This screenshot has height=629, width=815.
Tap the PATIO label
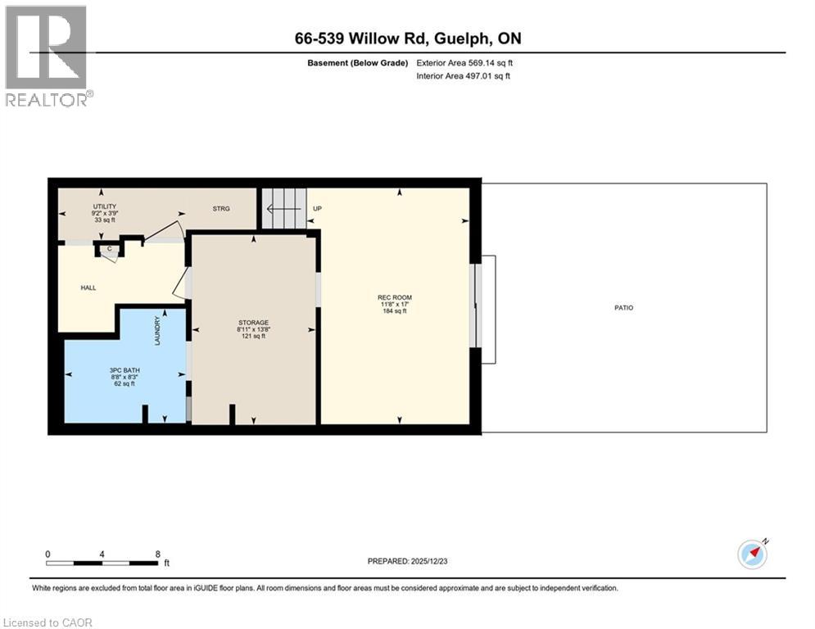pos(625,308)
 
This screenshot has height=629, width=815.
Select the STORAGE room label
pos(253,322)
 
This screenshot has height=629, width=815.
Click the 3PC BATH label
pos(125,370)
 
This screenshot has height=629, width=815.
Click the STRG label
pos(221,209)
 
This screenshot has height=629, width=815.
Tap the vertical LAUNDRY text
pos(157,331)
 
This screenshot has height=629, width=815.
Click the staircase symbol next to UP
pos(283,209)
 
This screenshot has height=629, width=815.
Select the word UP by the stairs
pos(318,209)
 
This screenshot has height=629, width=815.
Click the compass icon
pos(752,554)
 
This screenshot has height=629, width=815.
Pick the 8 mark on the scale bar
pos(157,554)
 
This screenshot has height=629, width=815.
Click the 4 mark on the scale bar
pos(102,554)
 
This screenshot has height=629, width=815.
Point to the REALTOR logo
pos(48,56)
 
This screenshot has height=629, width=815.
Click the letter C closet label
pos(109,248)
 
